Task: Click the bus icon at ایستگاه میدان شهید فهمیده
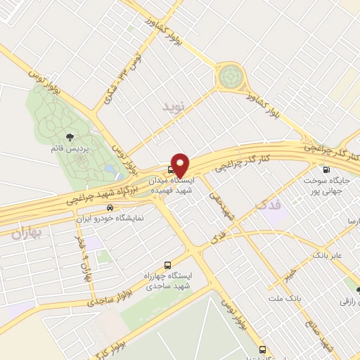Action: point(172,169)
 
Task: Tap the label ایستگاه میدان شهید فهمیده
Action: point(176,186)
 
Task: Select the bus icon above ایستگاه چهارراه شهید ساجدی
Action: point(167,266)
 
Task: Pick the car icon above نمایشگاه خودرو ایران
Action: point(110,207)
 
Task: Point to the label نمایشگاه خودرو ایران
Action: point(110,218)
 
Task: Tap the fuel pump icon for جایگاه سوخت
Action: point(326,169)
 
